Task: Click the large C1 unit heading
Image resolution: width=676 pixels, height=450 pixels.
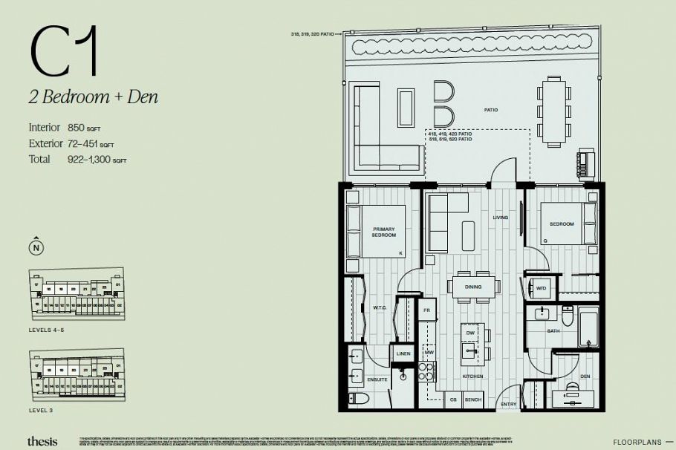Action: pyautogui.click(x=65, y=51)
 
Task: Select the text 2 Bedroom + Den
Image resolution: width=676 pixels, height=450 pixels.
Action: pyautogui.click(x=94, y=97)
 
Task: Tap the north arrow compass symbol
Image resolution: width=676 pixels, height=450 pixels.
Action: pyautogui.click(x=35, y=245)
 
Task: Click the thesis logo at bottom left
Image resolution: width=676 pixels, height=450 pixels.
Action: pyautogui.click(x=42, y=441)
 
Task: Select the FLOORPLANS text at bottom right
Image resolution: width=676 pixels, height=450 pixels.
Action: pyautogui.click(x=639, y=442)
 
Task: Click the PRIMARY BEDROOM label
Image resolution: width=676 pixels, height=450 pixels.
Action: pyautogui.click(x=384, y=232)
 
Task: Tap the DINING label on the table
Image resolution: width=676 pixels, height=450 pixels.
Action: pyautogui.click(x=473, y=287)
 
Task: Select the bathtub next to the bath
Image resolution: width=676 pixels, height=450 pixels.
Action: pyautogui.click(x=590, y=328)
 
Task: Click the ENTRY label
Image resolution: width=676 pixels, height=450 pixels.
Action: pyautogui.click(x=509, y=404)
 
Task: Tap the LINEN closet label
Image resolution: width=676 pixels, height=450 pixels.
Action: pyautogui.click(x=403, y=354)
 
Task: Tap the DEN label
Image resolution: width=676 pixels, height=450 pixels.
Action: pyautogui.click(x=585, y=376)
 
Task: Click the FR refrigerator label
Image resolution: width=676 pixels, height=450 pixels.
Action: pyautogui.click(x=427, y=309)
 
